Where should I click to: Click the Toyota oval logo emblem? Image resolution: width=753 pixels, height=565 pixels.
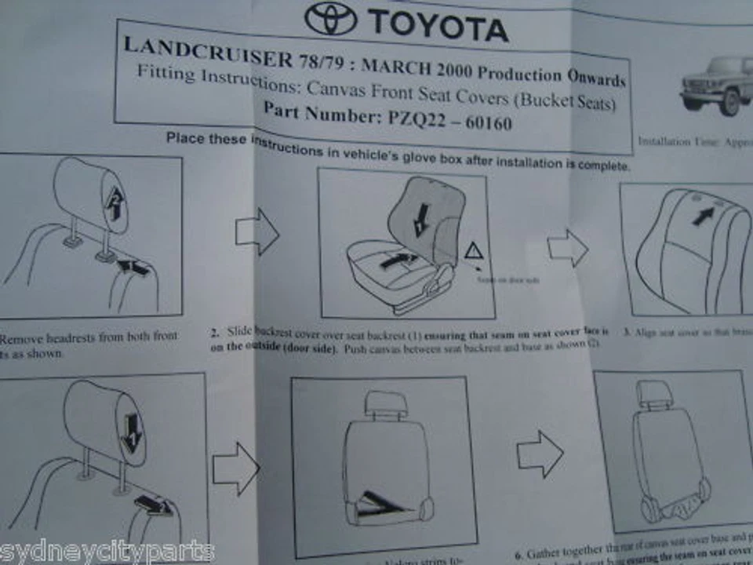[x=331, y=19]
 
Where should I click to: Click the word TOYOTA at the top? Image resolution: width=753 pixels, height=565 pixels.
[x=438, y=26]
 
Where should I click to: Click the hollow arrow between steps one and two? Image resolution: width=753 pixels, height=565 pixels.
[x=256, y=231]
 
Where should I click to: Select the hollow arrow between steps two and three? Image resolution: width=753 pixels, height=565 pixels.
[x=567, y=250]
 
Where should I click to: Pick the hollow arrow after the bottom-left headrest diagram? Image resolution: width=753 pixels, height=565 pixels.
[x=235, y=468]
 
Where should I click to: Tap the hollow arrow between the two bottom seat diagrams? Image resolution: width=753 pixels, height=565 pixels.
[x=540, y=453]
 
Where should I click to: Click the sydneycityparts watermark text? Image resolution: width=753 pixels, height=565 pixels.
[x=106, y=552]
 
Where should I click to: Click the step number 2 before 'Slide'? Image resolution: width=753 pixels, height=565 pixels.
[x=214, y=332]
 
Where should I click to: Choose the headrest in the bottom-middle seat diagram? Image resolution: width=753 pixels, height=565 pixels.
[x=387, y=403]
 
